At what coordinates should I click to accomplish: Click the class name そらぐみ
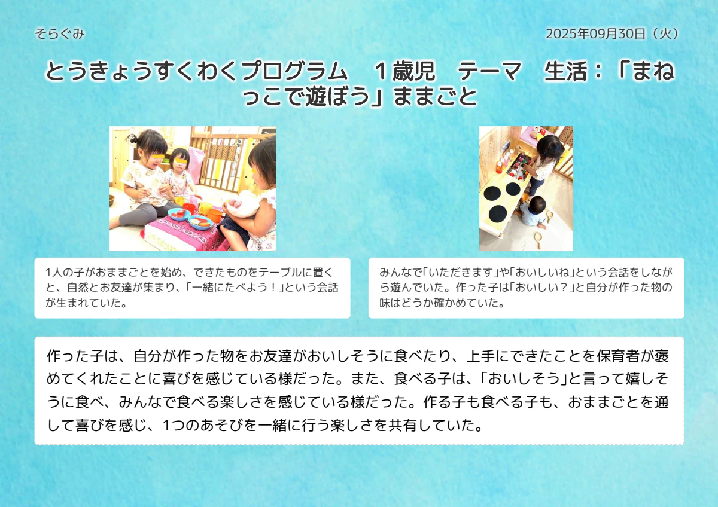(x=60, y=34)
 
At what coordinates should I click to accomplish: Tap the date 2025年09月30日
(x=596, y=34)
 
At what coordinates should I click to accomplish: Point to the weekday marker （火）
(x=665, y=34)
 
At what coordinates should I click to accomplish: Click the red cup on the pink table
(x=190, y=209)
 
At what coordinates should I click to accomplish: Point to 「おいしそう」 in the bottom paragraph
(x=521, y=379)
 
